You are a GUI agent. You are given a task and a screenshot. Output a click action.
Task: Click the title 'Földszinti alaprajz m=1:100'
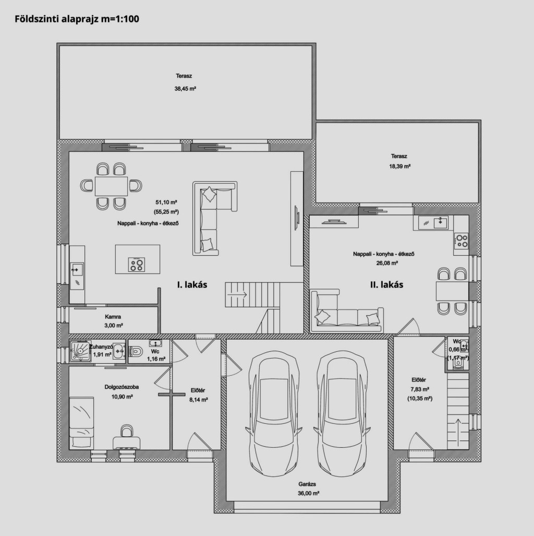click(x=77, y=19)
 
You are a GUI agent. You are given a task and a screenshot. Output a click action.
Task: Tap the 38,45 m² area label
click(x=185, y=89)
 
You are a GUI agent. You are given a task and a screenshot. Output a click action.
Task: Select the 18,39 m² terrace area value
click(x=400, y=166)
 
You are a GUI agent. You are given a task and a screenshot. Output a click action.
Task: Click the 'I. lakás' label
click(x=192, y=284)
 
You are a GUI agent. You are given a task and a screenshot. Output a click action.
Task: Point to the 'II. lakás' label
click(x=387, y=284)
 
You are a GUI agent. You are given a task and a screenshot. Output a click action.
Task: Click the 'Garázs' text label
click(x=307, y=484)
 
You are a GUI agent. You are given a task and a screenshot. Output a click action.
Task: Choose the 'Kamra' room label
click(x=113, y=317)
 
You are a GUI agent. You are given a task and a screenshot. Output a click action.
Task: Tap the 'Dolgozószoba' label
click(x=122, y=387)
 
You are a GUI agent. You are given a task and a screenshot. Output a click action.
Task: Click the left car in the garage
click(x=274, y=414)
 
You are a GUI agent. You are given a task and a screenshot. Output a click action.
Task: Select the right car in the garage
click(x=342, y=414)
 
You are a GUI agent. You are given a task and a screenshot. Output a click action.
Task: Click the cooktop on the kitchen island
click(x=137, y=265)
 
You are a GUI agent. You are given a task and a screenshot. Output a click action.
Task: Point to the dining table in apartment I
click(x=111, y=186)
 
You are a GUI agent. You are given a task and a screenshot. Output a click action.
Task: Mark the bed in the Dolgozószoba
click(x=81, y=423)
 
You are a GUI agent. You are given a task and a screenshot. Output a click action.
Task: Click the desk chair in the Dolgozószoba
click(x=127, y=431)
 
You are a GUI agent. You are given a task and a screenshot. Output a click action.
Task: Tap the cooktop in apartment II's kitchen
click(x=461, y=241)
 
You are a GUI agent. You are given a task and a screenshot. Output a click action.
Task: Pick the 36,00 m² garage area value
click(x=309, y=493)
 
